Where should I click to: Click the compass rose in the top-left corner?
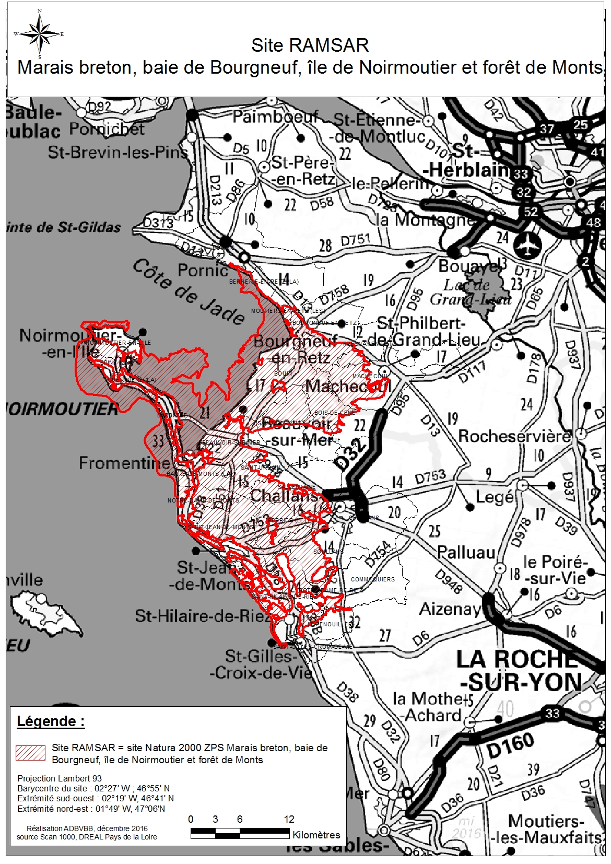pos(40,34)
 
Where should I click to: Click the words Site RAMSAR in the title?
pos(310,45)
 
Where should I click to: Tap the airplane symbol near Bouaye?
pos(525,243)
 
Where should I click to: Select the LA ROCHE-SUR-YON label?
pos(519,671)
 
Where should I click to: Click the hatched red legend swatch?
pos(30,753)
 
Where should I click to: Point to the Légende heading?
pos(51,721)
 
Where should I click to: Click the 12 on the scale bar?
pos(289,819)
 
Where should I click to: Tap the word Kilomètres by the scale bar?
pos(316,835)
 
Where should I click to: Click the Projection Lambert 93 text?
pos(60,778)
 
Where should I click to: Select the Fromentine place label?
pos(124,463)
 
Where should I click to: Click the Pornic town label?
pos(203,270)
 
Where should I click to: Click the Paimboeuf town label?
pos(275,116)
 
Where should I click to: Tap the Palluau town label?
pos(466,552)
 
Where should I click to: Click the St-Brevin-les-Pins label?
pos(118,153)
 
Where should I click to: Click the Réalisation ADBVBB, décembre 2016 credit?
pos(87,828)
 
